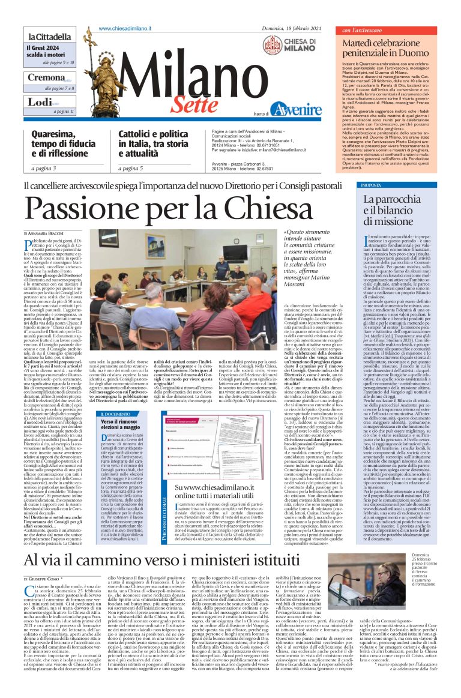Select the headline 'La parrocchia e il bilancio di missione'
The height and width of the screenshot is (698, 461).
(x=397, y=210)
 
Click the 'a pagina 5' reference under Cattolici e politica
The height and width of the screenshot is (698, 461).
(x=130, y=169)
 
